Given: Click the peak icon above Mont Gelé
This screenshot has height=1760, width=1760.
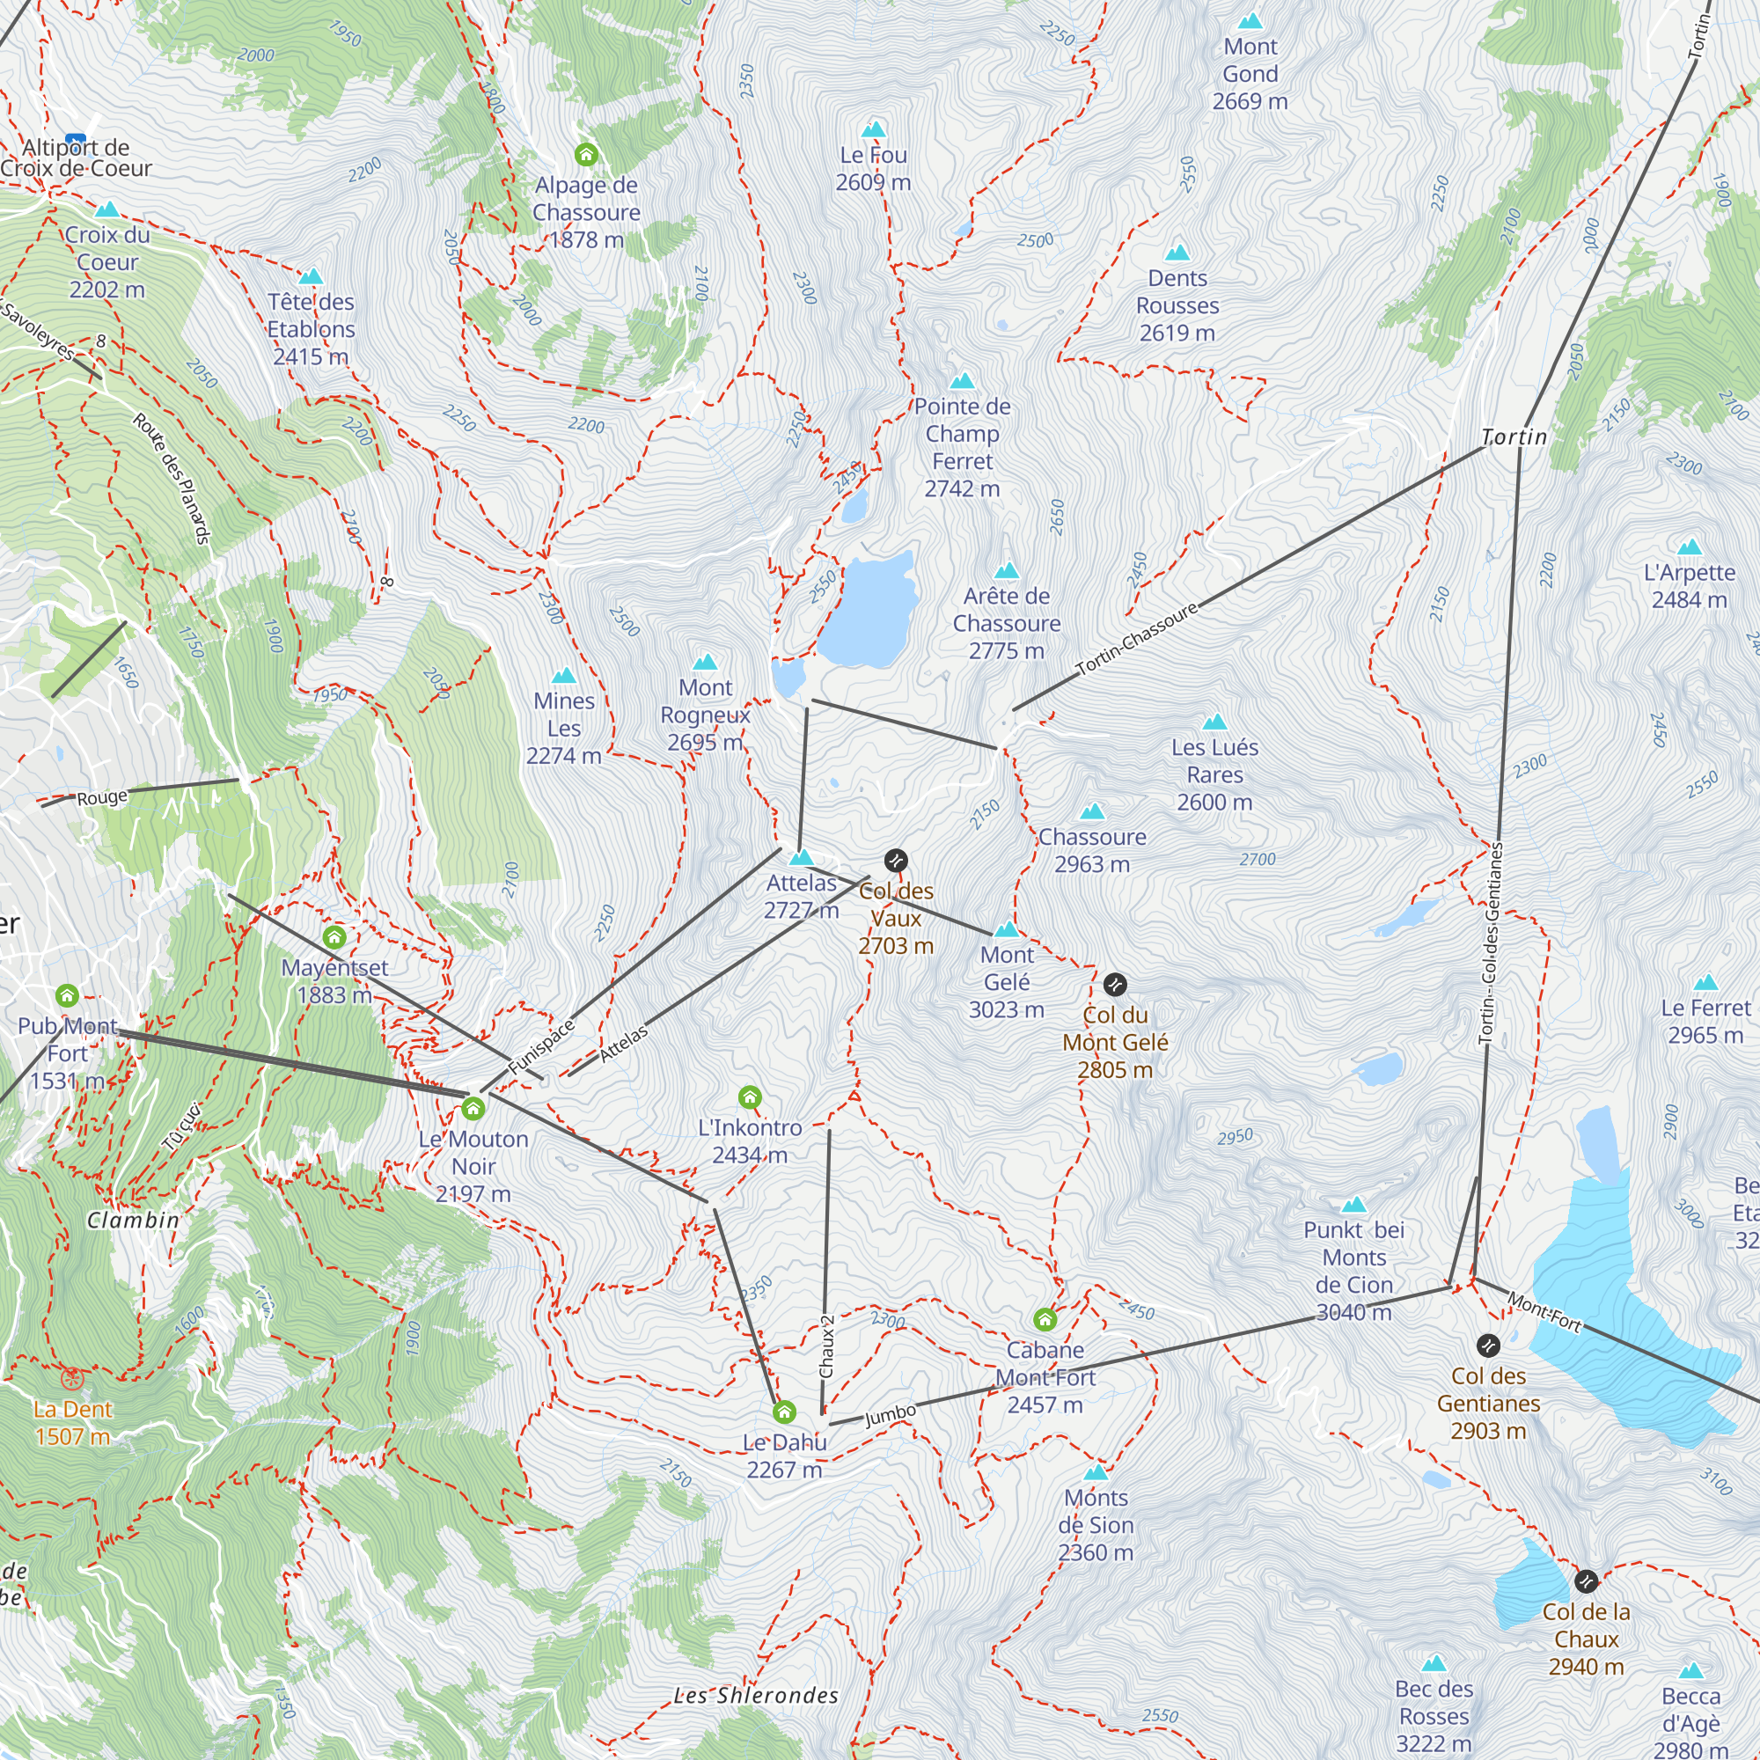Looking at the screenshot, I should point(1006,929).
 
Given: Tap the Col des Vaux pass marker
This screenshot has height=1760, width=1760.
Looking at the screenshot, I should point(896,860).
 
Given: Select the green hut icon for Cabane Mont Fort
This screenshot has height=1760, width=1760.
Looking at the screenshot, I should point(1045,1319).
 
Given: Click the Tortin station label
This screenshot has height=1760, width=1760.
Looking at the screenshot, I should point(1514,437).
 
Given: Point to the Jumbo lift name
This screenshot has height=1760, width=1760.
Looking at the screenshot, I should point(890,1415).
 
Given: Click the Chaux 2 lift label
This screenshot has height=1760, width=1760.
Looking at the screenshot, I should point(827,1347).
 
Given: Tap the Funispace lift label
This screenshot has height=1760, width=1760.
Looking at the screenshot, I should point(541,1045).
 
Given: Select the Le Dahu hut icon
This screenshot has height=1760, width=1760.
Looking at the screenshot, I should point(784,1412).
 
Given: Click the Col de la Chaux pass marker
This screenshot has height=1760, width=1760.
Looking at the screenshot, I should point(1586,1580).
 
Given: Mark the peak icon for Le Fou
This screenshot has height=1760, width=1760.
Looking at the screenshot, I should point(873,129).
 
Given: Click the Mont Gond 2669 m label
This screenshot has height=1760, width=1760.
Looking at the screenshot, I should point(1250,74).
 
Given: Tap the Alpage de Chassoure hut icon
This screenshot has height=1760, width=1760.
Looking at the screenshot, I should point(586,154).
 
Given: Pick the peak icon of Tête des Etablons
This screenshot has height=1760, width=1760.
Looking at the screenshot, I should point(311,276).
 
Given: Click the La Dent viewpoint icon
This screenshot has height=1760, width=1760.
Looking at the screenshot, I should point(72,1378).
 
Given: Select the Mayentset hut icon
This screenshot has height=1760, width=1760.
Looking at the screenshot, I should point(334,936).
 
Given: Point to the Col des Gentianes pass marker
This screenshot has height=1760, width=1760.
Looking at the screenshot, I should point(1487,1345).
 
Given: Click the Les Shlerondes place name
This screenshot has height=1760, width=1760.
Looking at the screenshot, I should point(756,1696).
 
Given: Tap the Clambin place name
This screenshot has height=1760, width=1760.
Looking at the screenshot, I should point(133,1220).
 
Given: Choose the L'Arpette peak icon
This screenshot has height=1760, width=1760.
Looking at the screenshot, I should point(1689,546).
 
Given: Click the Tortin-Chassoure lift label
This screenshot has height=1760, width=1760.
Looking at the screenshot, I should point(1136,640).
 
